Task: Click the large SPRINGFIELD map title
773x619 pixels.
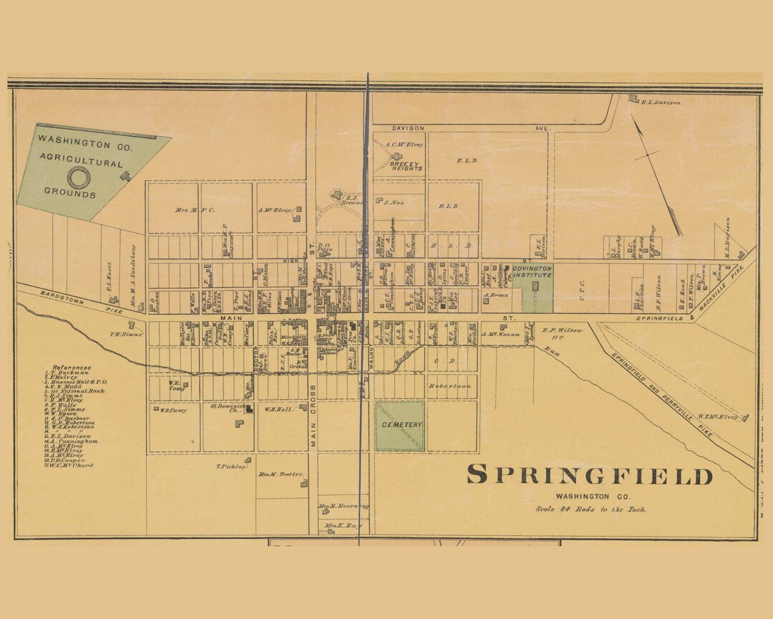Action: coord(590,476)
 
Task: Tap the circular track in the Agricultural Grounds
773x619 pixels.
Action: coord(78,178)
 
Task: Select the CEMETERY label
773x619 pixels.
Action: coord(401,425)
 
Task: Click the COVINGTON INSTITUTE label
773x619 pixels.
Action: coord(532,271)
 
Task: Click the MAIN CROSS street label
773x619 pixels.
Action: coord(313,416)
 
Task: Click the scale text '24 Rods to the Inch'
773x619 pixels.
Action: coord(590,509)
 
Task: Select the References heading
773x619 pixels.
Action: coord(71,367)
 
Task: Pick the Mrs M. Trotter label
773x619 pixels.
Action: coord(281,474)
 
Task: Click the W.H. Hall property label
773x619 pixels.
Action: coord(276,410)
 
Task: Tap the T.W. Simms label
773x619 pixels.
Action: coord(123,333)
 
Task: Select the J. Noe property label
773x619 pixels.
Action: coord(394,203)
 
